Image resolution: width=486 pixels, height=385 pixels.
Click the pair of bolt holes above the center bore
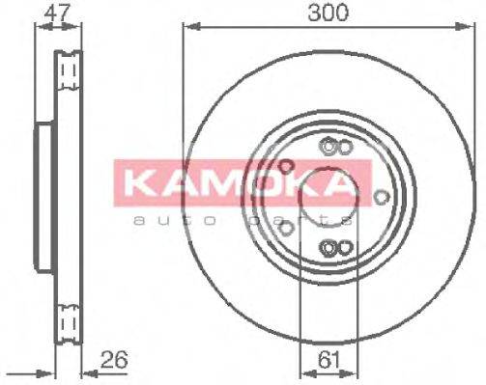[x=334, y=148]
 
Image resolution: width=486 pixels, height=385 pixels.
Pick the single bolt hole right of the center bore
[x=383, y=198]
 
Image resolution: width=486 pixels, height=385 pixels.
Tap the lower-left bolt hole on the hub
[x=286, y=229]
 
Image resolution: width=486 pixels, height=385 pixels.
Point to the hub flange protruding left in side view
[x=42, y=199]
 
